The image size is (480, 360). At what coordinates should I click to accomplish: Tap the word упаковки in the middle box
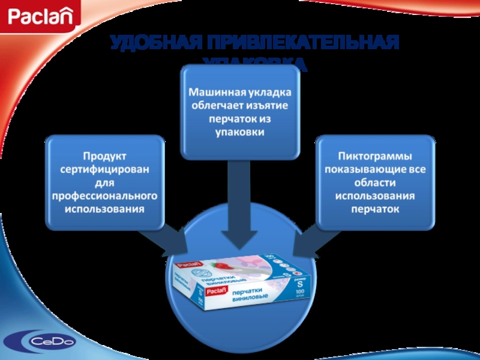(240, 131)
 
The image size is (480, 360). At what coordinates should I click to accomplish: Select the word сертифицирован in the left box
(104, 170)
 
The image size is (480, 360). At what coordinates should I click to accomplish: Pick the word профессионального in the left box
(104, 196)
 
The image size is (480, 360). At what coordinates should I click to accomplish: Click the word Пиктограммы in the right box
(376, 157)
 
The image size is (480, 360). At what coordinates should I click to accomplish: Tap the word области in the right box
(376, 183)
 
